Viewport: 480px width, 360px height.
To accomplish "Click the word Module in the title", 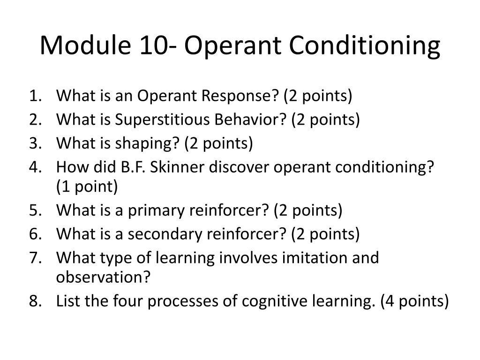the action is (85, 45).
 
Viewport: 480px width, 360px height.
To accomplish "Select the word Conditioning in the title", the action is (364, 46).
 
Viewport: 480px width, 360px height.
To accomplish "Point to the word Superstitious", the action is (162, 120).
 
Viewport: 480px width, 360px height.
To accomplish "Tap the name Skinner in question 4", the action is (177, 167).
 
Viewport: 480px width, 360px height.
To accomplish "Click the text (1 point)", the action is (87, 187).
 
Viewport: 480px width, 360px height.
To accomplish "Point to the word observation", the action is (103, 277).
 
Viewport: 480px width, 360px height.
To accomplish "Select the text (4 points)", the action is (414, 301).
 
